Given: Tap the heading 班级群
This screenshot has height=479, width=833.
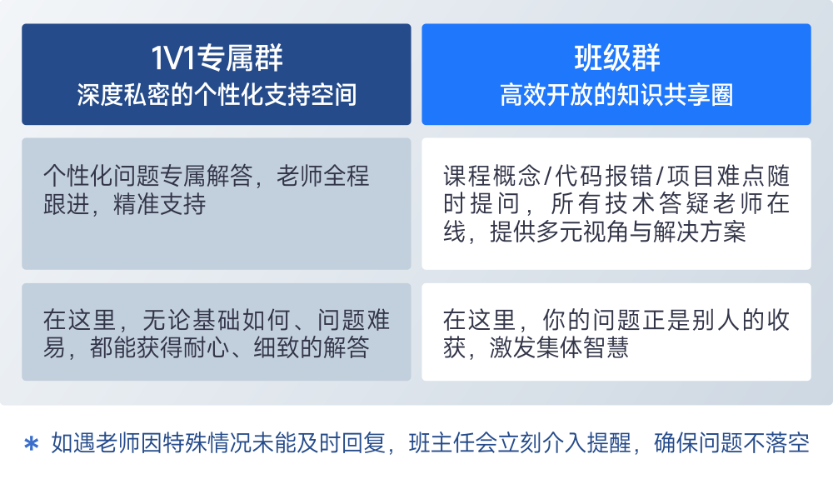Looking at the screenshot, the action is tap(616, 57).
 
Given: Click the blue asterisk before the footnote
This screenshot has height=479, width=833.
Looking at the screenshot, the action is tap(32, 443).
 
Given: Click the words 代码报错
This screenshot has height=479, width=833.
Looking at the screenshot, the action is tap(604, 176).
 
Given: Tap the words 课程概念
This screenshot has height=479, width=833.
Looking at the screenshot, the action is tap(492, 176).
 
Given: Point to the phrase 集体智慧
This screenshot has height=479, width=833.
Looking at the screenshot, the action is tap(582, 348).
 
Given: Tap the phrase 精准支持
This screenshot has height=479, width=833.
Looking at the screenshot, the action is tap(159, 204).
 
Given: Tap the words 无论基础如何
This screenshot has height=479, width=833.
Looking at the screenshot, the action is tap(216, 320).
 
